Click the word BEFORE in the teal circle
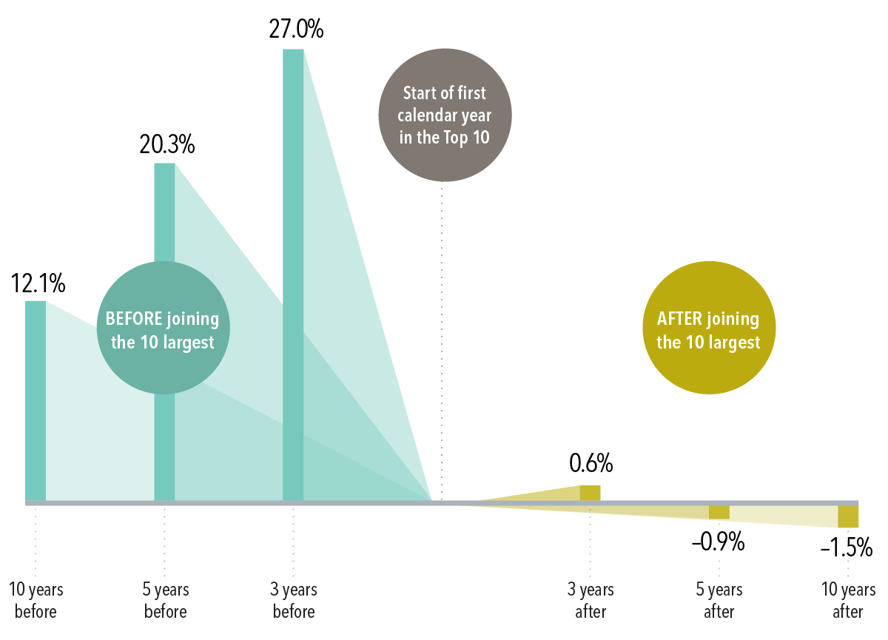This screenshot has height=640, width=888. point(133,319)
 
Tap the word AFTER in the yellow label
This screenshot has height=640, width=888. point(679,319)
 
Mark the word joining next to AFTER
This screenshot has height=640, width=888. point(733,319)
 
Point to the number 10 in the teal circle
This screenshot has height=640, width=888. point(149,343)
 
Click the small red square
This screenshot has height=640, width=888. point(868,570)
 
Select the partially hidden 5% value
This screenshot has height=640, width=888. point(859,547)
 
